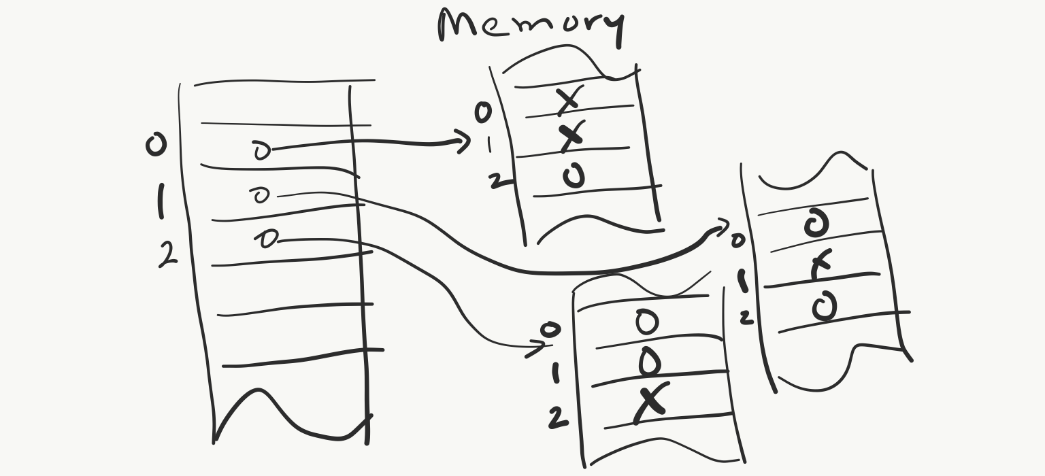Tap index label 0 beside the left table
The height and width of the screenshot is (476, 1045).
(x=156, y=145)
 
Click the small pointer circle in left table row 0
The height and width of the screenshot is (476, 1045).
(x=261, y=150)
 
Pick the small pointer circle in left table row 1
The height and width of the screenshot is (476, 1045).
(x=261, y=196)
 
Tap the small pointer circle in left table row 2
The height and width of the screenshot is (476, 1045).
(x=267, y=239)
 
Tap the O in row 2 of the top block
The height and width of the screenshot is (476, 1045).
(x=574, y=177)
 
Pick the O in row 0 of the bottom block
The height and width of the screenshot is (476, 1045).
(x=646, y=322)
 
